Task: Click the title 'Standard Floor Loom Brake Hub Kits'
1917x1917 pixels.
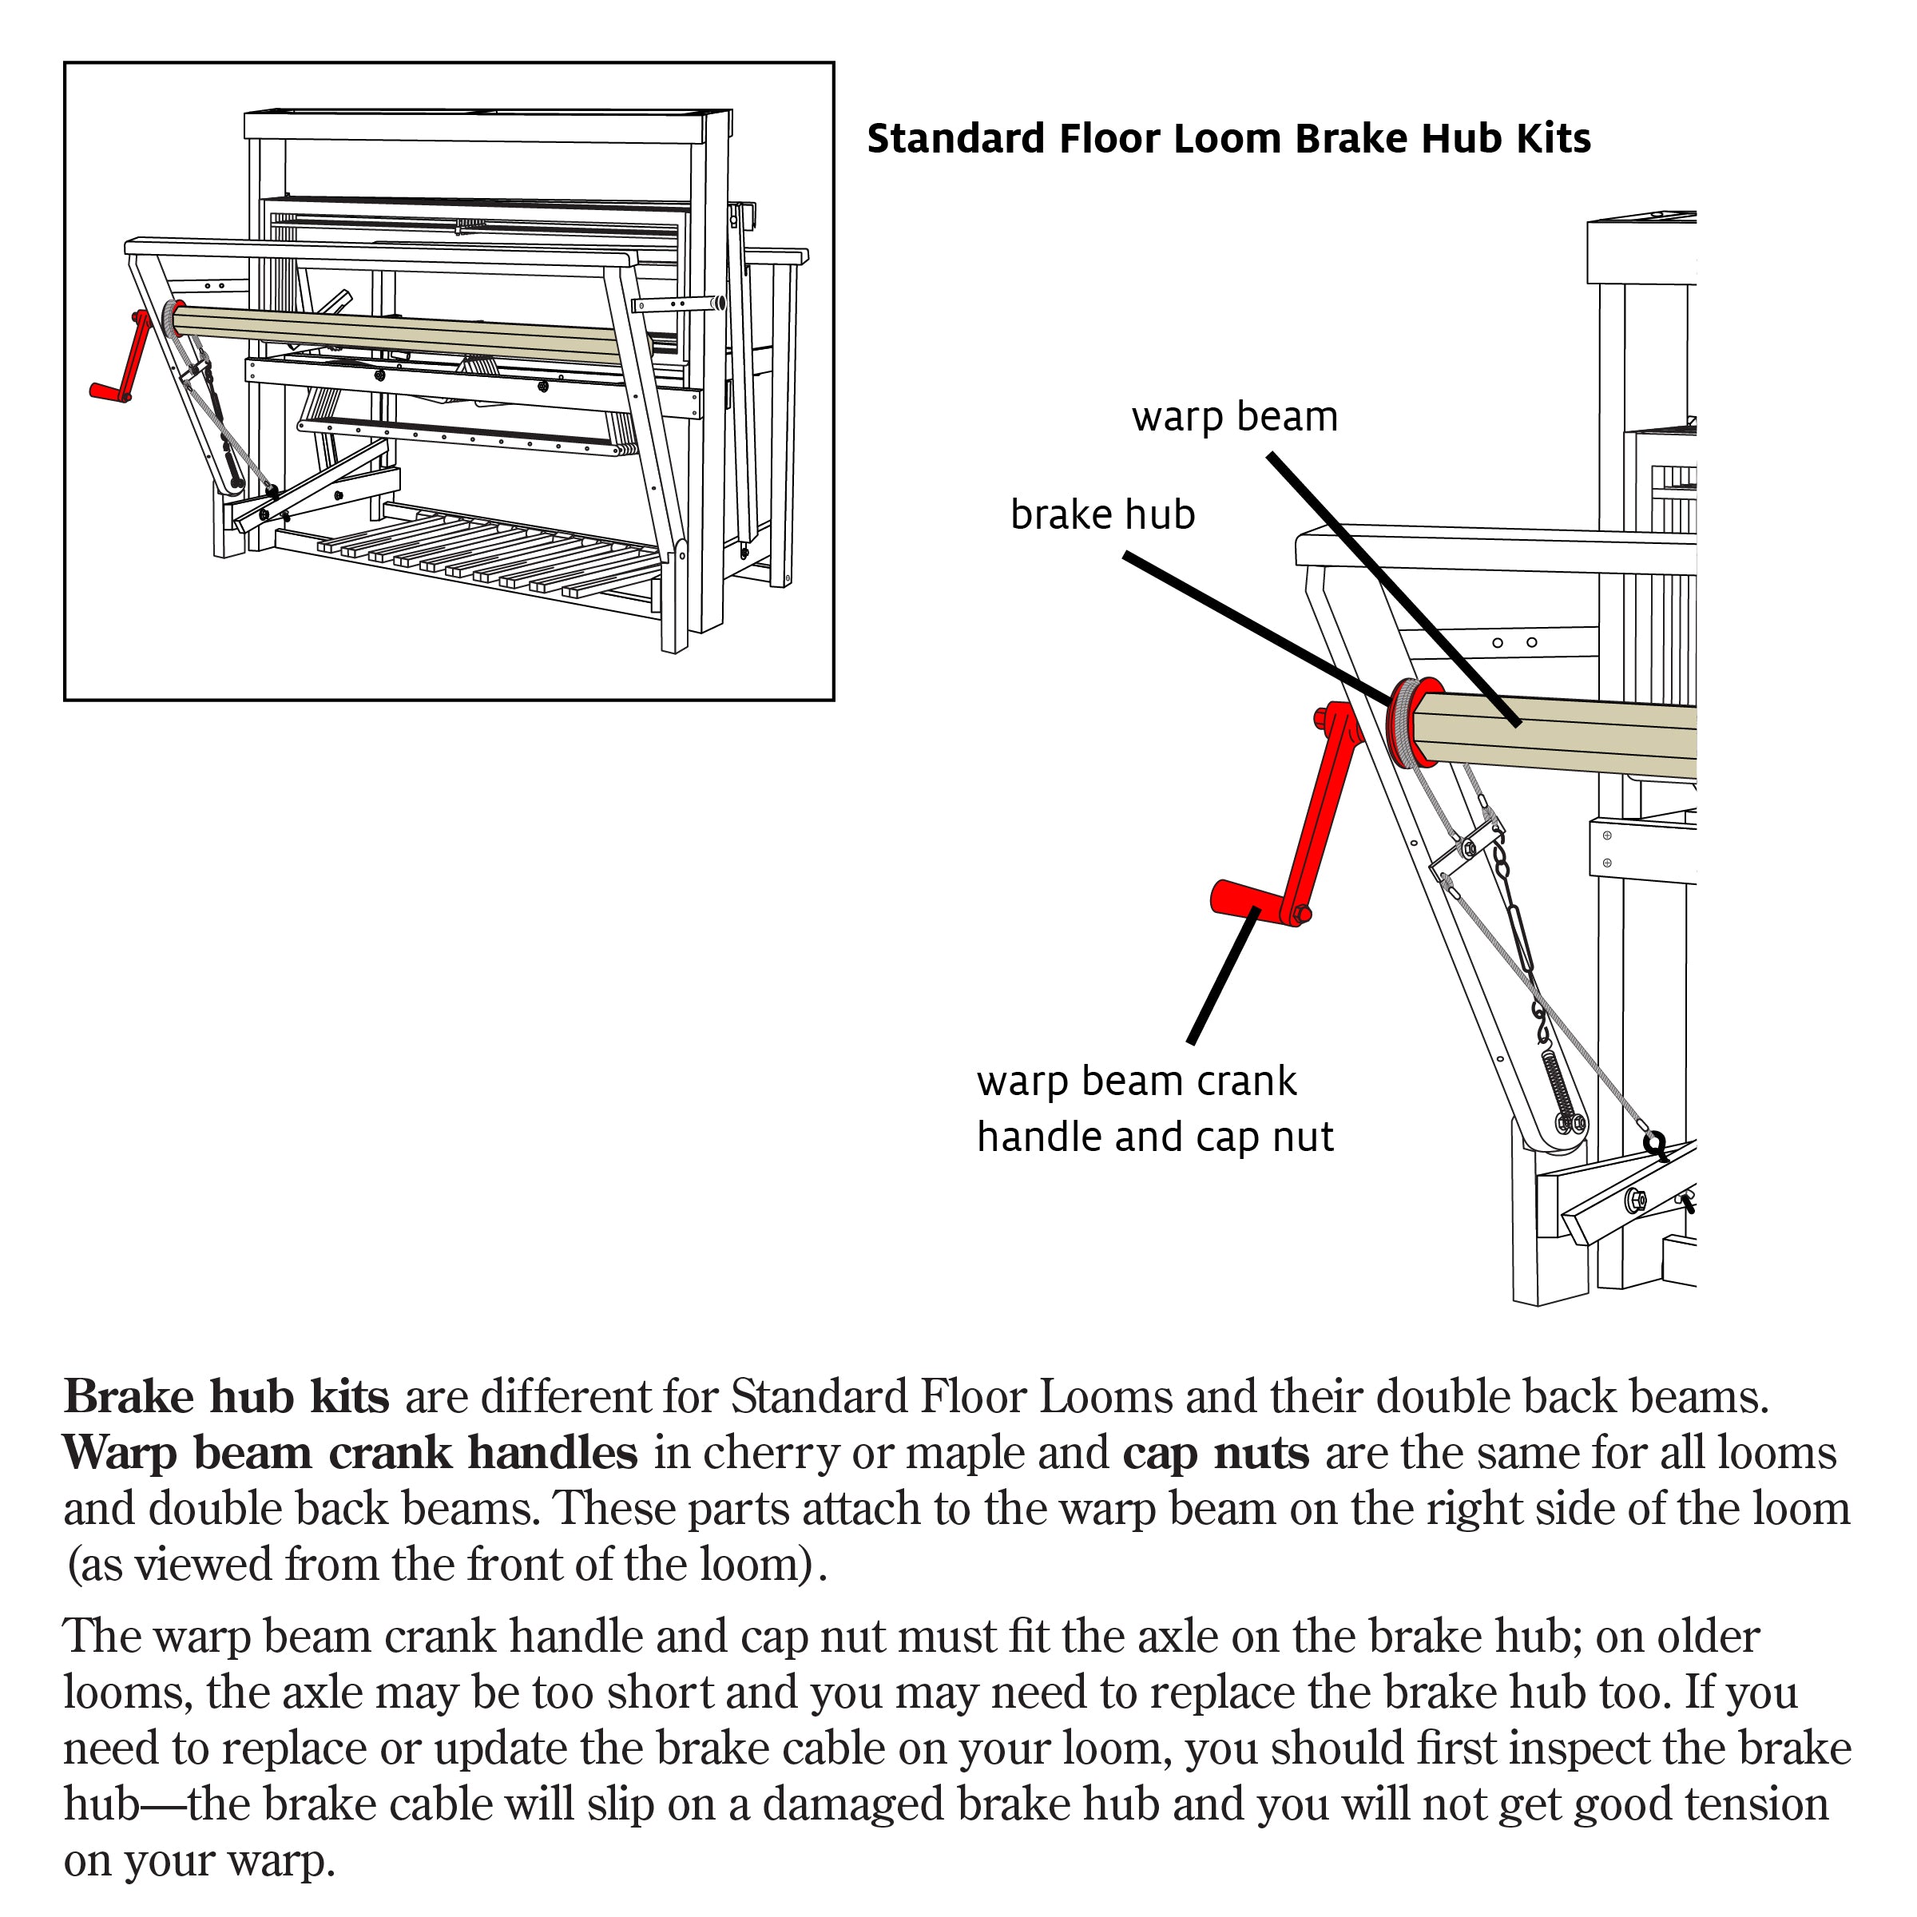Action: [1228, 139]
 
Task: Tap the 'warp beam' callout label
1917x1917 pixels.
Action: [1234, 417]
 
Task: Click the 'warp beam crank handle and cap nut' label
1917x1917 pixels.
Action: [1154, 1109]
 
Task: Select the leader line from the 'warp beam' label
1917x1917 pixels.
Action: [1389, 585]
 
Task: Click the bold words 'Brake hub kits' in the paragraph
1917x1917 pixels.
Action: [226, 1397]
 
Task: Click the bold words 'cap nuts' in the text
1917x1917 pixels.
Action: [1216, 1453]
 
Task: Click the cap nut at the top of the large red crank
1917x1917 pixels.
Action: [1323, 716]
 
